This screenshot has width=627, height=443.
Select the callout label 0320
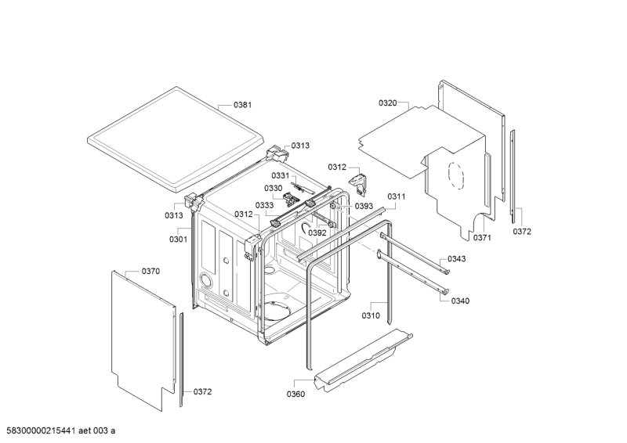[388, 103]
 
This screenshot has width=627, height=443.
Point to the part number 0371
[481, 237]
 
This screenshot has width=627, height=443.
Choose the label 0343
[457, 259]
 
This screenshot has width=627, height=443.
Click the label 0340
[462, 300]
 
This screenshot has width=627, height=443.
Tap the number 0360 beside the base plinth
[295, 394]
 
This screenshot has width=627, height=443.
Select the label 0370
[150, 271]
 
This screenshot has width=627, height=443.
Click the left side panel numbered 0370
[141, 337]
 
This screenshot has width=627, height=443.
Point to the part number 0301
[178, 239]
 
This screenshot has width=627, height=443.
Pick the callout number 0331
[281, 175]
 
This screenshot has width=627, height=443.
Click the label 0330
[273, 188]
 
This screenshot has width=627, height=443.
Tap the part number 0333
[264, 205]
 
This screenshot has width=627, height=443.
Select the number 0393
[363, 206]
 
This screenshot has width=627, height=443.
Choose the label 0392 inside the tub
[317, 232]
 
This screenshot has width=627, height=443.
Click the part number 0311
[395, 196]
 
